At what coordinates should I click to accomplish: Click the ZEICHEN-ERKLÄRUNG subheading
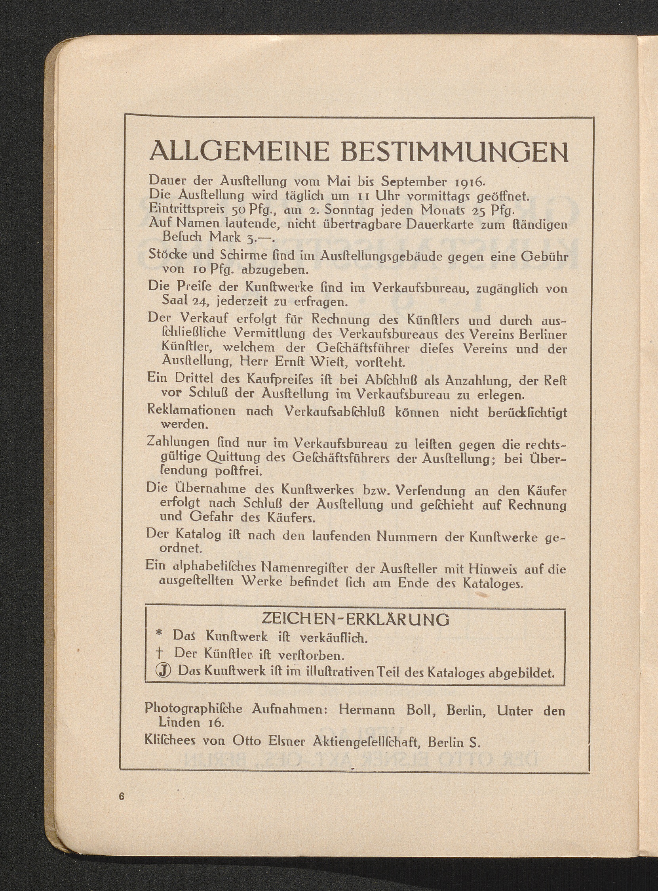point(355,619)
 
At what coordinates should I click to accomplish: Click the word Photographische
point(194,709)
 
